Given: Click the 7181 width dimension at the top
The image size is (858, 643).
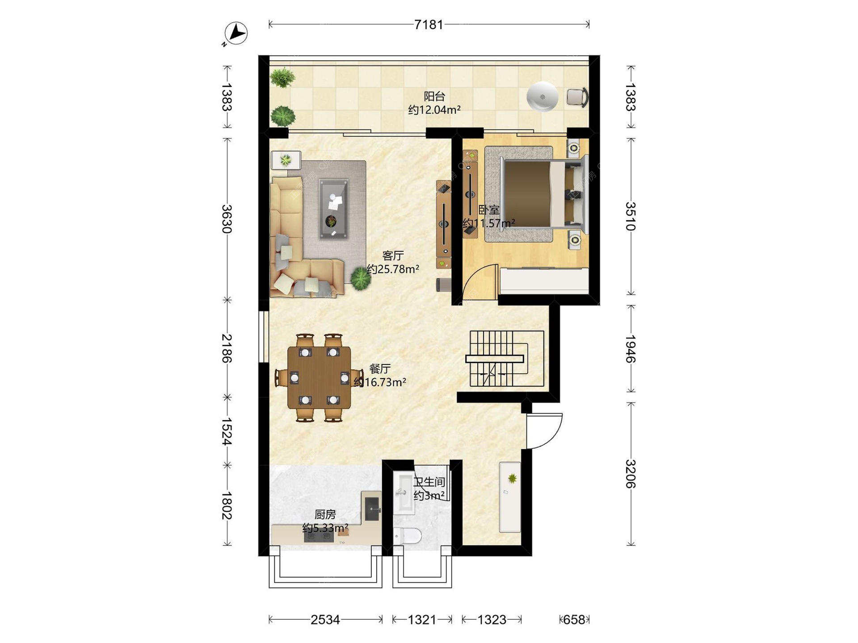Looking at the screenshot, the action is tap(429, 25).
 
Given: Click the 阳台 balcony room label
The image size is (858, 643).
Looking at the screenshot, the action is tap(434, 96).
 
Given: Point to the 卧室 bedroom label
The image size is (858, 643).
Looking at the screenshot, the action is tap(489, 210).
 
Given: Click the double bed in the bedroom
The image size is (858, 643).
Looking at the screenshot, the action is tap(543, 194).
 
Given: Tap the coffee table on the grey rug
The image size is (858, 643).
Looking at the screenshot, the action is tap(333, 209).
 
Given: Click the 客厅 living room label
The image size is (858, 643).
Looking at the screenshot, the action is tap(393, 255).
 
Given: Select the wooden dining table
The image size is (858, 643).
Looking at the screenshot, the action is tap(319, 378).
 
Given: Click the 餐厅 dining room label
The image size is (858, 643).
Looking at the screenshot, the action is tap(380, 369).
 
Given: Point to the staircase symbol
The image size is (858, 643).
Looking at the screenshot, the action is tap(505, 359).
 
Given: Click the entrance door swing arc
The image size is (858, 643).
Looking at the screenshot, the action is tap(553, 438).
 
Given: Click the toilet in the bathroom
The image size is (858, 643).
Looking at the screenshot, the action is tap(407, 536).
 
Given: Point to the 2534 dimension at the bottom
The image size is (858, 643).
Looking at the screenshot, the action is tap(325, 620).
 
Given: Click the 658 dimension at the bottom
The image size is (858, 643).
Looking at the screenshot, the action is tap(574, 620).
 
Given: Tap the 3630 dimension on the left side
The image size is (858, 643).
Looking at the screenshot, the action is tap(227, 219).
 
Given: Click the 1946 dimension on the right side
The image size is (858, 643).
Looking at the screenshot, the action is tap(631, 349).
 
